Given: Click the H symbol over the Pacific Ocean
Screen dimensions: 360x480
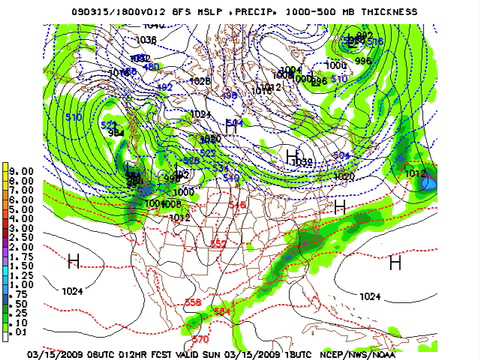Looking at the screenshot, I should click(x=73, y=262).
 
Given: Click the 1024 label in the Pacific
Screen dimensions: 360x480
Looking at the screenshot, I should click(x=73, y=291).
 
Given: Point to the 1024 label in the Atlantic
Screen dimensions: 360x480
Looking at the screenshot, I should click(x=370, y=296).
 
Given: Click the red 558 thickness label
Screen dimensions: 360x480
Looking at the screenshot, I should click(x=193, y=302).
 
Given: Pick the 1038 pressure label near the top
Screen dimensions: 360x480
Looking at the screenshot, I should click(x=146, y=40).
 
